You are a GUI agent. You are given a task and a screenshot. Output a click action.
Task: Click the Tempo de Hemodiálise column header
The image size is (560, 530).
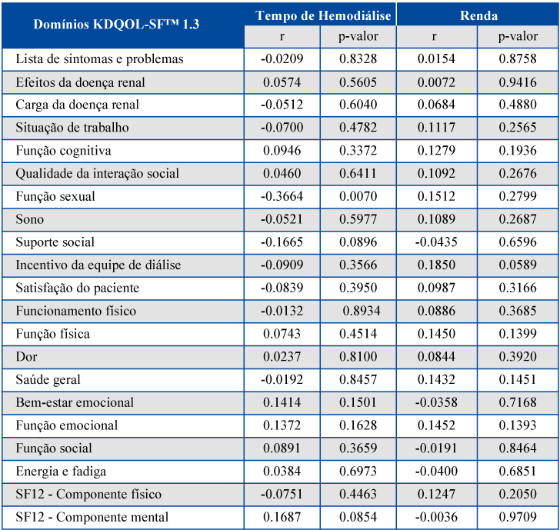pyautogui.click(x=323, y=15)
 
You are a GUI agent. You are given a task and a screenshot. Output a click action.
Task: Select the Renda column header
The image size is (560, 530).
pyautogui.click(x=478, y=15)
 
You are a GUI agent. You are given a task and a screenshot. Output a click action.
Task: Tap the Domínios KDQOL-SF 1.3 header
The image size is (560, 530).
pyautogui.click(x=116, y=25)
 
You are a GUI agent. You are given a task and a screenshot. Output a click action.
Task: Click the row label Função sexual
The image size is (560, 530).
pyautogui.click(x=55, y=196)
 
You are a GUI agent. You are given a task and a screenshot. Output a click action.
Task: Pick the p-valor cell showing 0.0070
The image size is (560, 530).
pyautogui.click(x=358, y=196)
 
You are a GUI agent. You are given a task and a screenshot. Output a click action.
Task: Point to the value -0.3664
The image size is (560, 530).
pyautogui.click(x=282, y=196)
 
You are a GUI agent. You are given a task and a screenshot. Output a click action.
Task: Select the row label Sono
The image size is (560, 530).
pyautogui.click(x=30, y=219)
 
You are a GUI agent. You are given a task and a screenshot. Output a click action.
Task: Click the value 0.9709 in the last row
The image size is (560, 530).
pyautogui.click(x=518, y=517)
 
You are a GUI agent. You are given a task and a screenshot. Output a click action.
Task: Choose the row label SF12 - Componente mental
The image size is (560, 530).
pyautogui.click(x=92, y=517)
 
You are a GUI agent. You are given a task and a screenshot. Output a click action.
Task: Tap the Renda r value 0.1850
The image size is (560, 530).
pyautogui.click(x=436, y=265)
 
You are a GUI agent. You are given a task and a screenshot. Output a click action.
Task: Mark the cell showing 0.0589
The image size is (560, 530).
pyautogui.click(x=518, y=265)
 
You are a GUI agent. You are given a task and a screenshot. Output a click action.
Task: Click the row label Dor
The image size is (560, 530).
pyautogui.click(x=26, y=356)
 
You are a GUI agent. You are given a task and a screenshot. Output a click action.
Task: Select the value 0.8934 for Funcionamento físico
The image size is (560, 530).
pyautogui.click(x=362, y=311)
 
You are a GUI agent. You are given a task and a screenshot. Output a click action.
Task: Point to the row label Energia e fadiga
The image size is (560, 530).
pyautogui.click(x=61, y=471)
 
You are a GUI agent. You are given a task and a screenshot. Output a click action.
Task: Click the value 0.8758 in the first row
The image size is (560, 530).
pyautogui.click(x=518, y=58)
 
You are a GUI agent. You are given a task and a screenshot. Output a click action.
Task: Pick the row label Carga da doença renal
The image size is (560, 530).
pyautogui.click(x=77, y=105)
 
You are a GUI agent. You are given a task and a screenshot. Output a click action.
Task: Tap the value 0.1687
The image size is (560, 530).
pyautogui.click(x=282, y=517)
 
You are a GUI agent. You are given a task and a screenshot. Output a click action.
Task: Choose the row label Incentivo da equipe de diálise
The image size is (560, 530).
pyautogui.click(x=98, y=265)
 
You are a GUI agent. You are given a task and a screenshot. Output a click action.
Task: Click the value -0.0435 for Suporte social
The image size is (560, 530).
pyautogui.click(x=436, y=242)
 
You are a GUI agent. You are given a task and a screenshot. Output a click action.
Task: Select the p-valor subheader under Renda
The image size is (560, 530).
pyautogui.click(x=518, y=37)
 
